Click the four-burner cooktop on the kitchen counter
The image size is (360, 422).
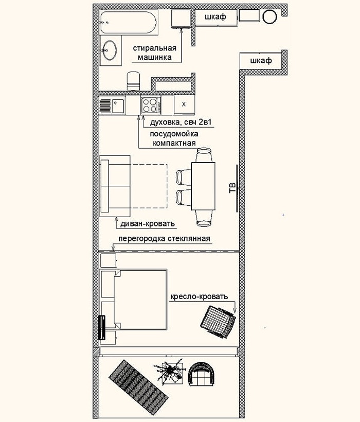pos(150,106)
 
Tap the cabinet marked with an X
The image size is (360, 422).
pos(184,105)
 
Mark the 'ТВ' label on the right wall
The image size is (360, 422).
pos(231,187)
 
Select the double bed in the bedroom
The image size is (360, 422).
pos(139,300)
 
